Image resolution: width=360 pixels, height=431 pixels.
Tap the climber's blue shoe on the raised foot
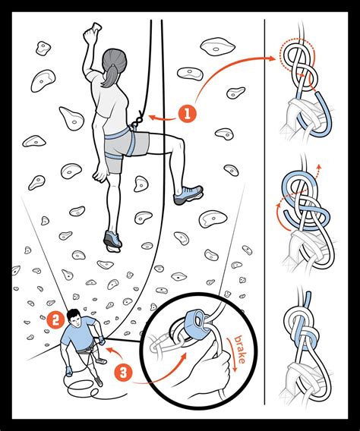pyautogui.click(x=188, y=195)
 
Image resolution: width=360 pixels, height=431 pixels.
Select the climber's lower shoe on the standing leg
pyautogui.click(x=112, y=241)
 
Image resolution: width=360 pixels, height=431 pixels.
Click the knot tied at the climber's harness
pyautogui.click(x=137, y=119)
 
